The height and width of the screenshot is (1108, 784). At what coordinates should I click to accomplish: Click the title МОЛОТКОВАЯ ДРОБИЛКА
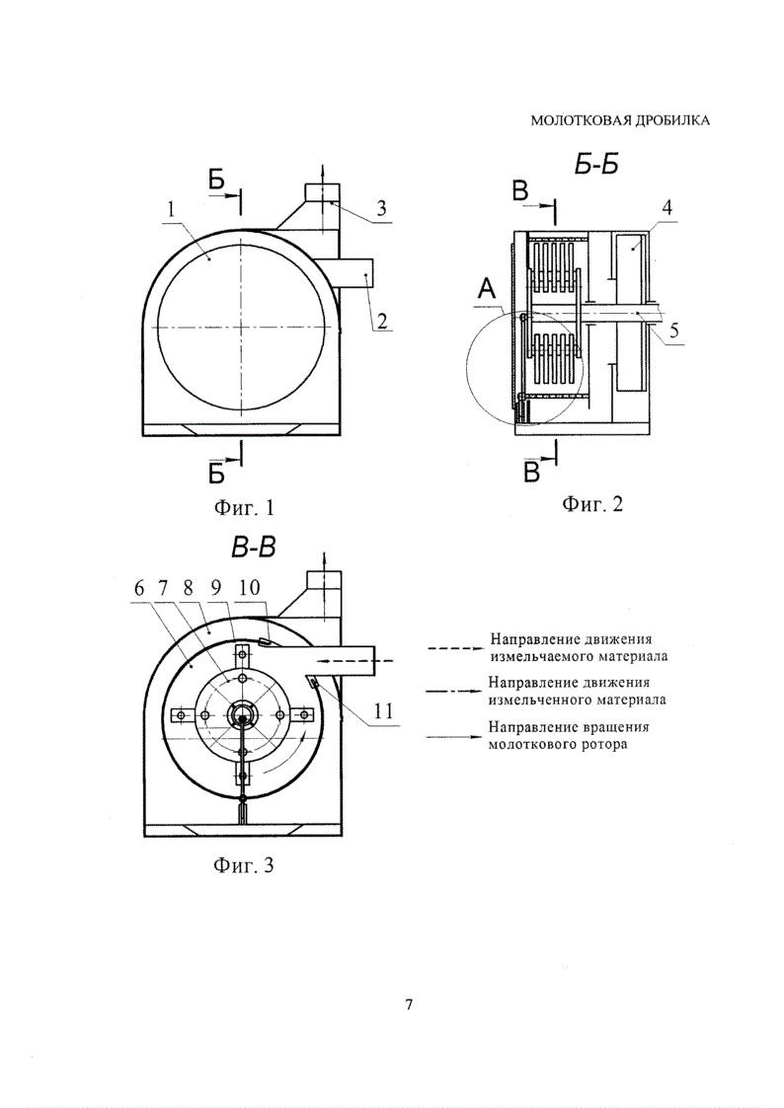pos(620,120)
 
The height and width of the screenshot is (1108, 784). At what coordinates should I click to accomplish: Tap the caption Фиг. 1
pos(243,507)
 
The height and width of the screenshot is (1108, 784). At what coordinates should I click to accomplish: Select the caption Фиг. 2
pos(592,504)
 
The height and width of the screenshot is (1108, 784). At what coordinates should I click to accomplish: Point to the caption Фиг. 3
pos(243,864)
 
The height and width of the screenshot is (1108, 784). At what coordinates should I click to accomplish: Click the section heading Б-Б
pos(595,165)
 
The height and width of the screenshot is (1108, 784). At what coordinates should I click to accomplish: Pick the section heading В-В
pos(253,547)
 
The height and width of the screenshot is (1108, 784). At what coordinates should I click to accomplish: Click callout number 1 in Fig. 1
pos(171,208)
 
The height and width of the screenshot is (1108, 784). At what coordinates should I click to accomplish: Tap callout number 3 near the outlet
pos(381,208)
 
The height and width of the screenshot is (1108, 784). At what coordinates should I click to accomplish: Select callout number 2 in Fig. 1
pos(382,322)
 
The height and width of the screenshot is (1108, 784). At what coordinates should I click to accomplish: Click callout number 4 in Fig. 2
pos(666,208)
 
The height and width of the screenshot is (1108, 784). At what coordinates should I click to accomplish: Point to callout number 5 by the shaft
pos(674,330)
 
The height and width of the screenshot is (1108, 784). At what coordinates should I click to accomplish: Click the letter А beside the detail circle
pos(486,288)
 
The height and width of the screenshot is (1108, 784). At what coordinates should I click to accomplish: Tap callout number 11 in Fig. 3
pos(383,710)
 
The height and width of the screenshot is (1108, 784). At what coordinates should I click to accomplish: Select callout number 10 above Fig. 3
pos(250,587)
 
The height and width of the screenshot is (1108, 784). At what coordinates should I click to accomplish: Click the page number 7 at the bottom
pos(409,1004)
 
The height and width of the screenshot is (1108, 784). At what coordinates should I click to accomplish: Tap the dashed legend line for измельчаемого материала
pos(453,647)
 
